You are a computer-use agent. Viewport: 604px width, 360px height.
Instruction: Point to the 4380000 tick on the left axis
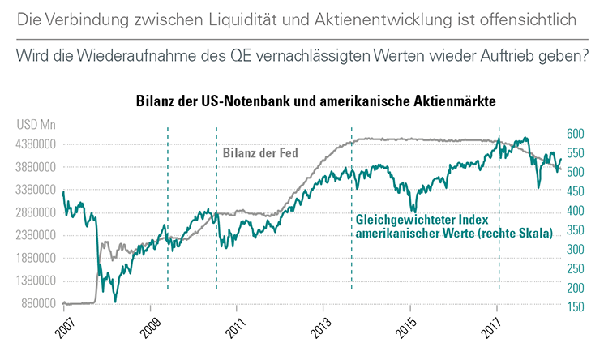pos(35,144)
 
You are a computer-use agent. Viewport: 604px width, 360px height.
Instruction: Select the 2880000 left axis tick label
pos(35,213)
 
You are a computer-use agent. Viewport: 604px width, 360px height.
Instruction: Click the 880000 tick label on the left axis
pos(37,304)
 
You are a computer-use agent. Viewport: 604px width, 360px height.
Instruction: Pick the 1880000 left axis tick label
pos(35,259)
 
